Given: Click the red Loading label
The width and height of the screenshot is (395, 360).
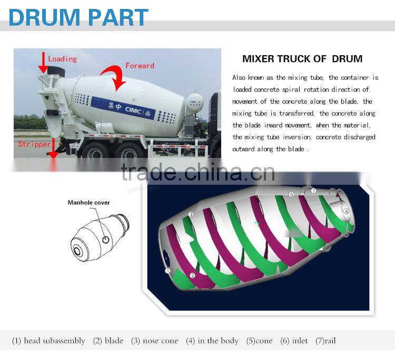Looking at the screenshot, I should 62,59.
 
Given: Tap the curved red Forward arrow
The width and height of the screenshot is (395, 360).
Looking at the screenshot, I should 118,78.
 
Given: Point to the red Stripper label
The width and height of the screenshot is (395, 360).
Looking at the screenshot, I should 34,144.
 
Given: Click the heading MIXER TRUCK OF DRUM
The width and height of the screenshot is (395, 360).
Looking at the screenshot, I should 302,59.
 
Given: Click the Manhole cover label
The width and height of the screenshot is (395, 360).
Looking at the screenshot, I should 89,203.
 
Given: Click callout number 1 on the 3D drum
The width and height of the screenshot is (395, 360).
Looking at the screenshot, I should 168,271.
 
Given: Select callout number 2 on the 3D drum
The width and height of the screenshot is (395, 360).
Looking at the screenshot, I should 193,275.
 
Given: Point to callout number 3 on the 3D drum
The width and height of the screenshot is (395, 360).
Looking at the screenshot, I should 191,215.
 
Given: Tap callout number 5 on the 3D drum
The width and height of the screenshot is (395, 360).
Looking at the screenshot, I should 291,195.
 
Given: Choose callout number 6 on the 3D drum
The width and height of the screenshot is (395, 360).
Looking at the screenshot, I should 346,211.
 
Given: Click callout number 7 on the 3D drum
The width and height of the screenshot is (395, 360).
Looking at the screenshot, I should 313,191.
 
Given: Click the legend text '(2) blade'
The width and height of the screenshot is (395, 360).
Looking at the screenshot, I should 108,341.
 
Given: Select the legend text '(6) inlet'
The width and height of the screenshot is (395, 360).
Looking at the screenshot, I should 294,341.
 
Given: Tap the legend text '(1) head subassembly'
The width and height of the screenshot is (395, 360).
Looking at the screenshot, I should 48,341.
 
